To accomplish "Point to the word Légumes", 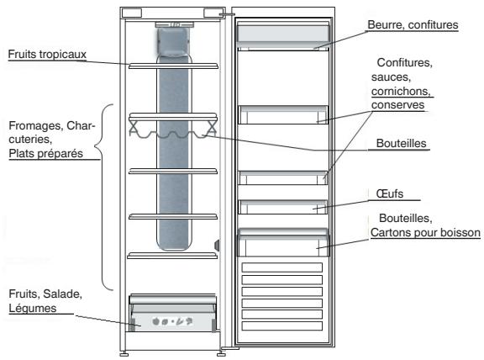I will point(29,309).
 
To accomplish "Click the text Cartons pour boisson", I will point(425,231).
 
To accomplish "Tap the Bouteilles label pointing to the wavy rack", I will point(402,144).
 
